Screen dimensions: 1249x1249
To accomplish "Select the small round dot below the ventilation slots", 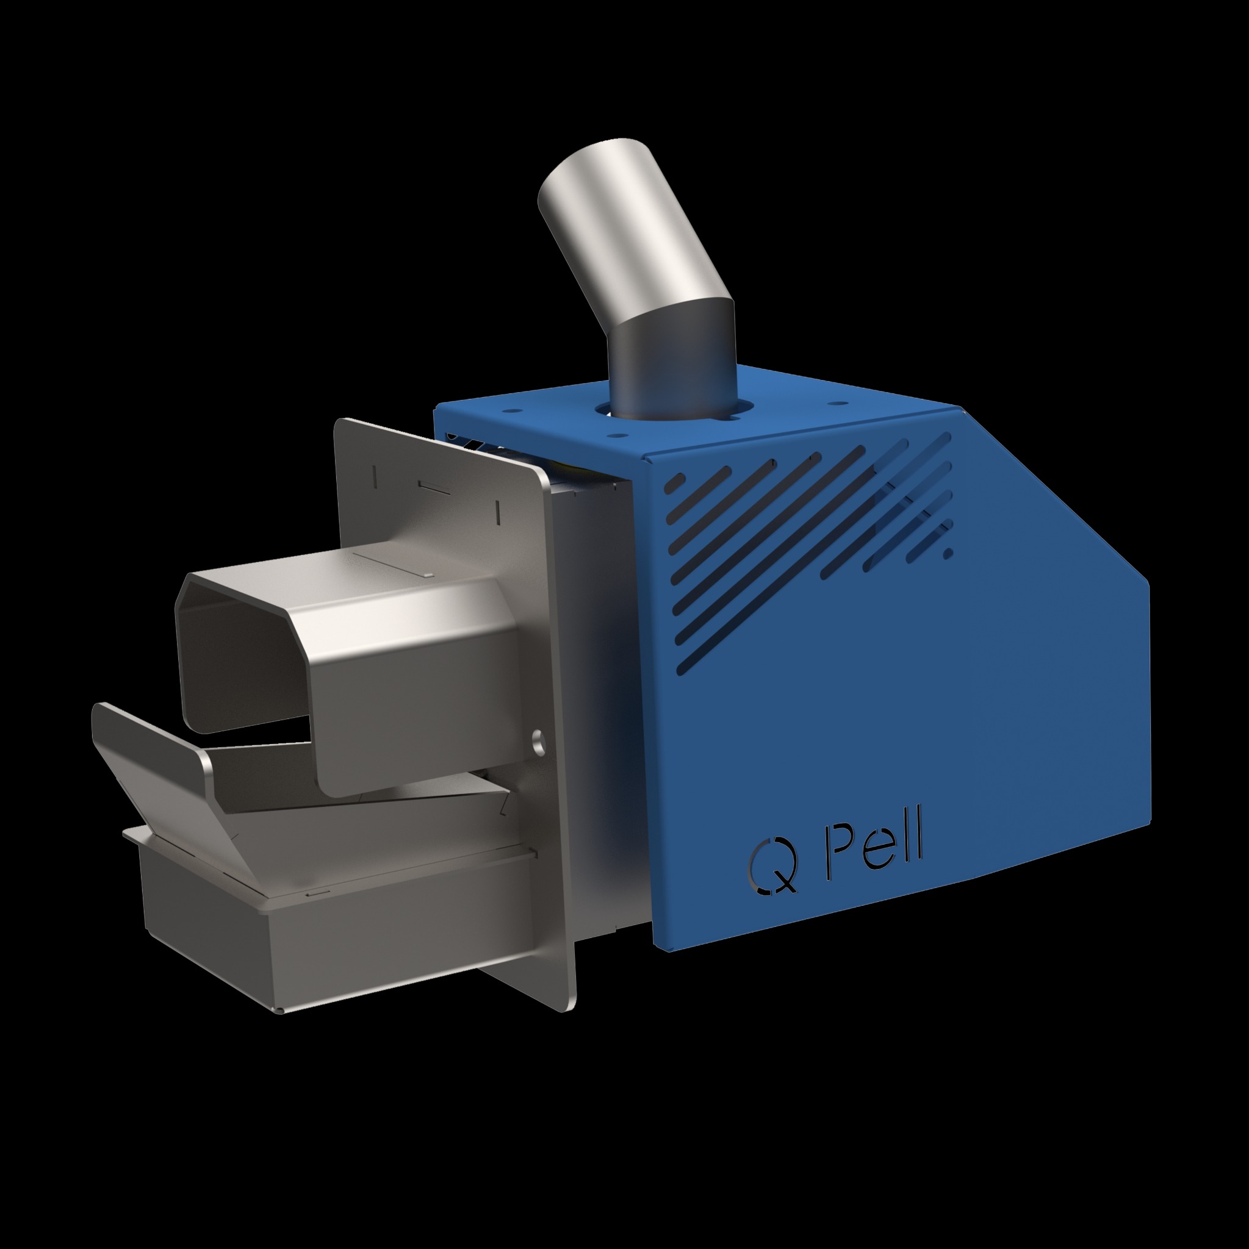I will click(948, 553).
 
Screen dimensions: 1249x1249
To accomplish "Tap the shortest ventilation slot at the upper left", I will click(675, 482).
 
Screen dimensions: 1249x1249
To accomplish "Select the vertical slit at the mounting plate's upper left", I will click(375, 476).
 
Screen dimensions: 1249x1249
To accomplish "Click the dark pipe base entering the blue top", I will click(672, 375).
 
